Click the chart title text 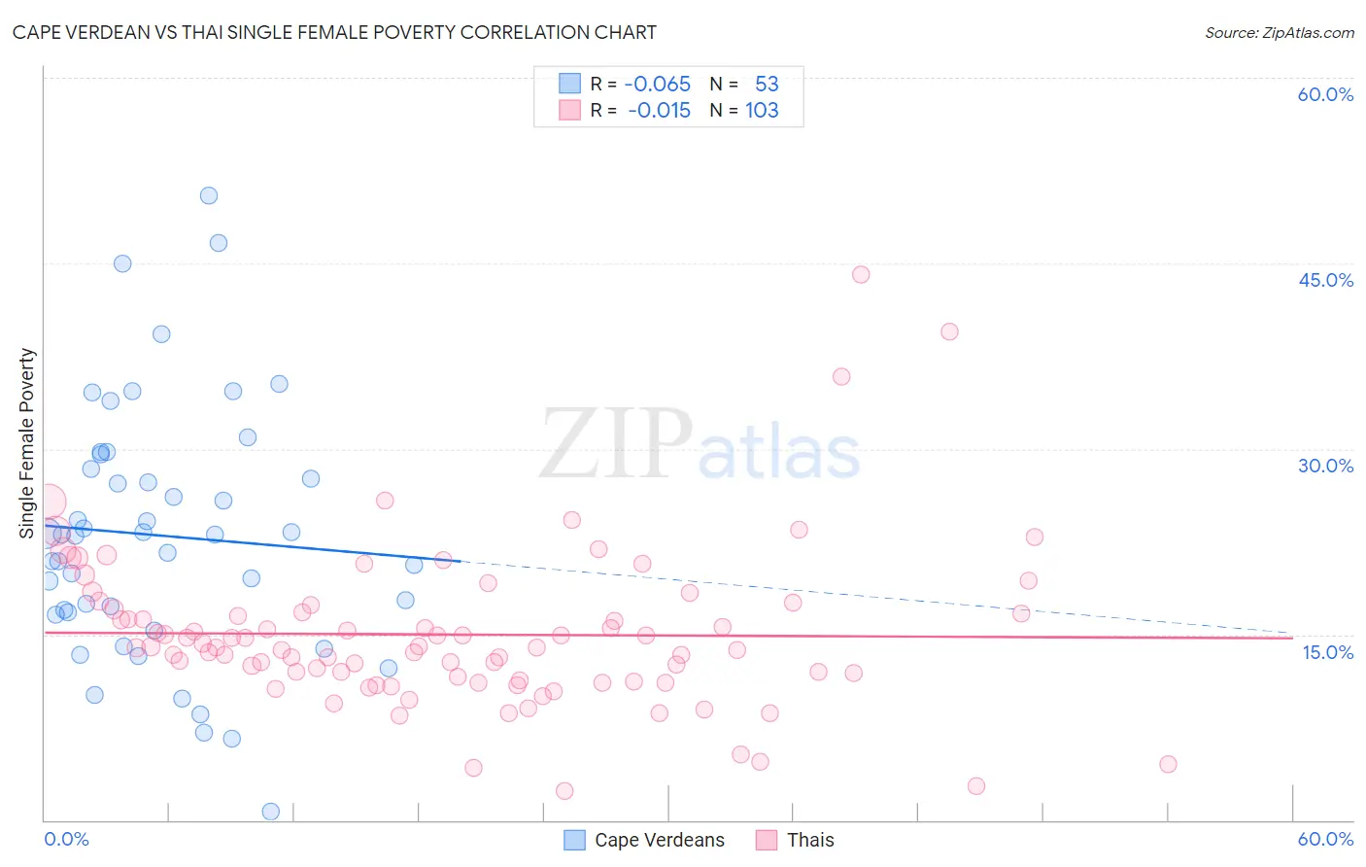[x=334, y=32]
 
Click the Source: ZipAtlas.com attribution [x=1279, y=32]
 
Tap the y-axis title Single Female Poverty [x=26, y=443]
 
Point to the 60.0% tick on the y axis [x=1325, y=94]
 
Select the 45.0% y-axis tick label [x=1325, y=280]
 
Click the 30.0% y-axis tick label [x=1325, y=466]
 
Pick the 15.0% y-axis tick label [x=1327, y=652]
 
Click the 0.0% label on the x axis [x=66, y=839]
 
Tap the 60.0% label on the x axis [x=1325, y=839]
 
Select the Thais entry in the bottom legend [x=810, y=840]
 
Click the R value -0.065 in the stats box [x=658, y=85]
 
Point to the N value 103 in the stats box [x=762, y=111]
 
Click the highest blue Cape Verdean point [x=209, y=195]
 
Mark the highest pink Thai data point [x=861, y=274]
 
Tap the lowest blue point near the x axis [x=271, y=812]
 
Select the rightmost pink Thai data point [x=1168, y=764]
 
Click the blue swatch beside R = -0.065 [x=569, y=84]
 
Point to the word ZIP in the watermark [x=615, y=444]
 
